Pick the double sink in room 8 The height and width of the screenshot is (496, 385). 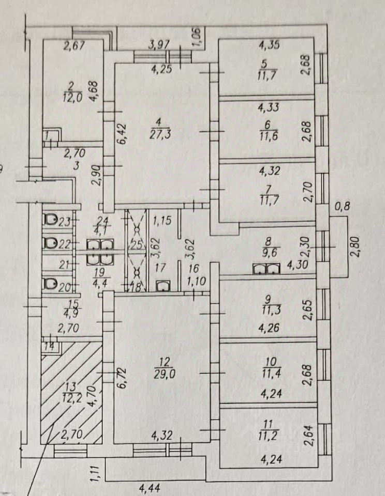(266, 269)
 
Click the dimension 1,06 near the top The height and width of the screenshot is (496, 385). (196, 37)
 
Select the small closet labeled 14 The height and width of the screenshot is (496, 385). (49, 347)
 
